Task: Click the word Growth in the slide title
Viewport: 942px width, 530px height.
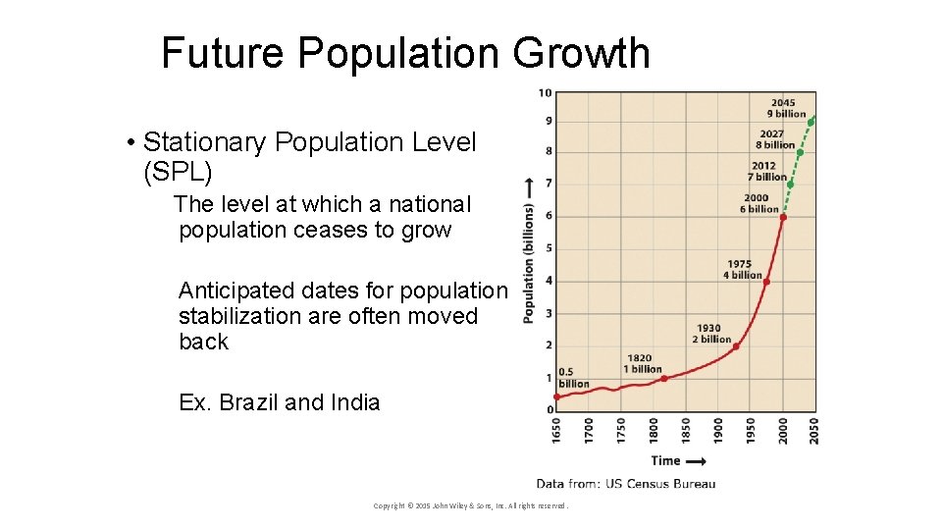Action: pos(581,53)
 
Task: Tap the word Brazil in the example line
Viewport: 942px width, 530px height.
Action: pos(249,402)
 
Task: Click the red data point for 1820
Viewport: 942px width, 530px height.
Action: pos(664,378)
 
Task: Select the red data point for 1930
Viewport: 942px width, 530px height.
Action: pos(736,345)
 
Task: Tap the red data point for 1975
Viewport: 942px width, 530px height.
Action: pos(766,282)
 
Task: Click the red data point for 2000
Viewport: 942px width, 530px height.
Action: pos(783,217)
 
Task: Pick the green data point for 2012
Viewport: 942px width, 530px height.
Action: pos(790,184)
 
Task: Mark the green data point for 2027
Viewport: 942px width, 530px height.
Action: pos(800,152)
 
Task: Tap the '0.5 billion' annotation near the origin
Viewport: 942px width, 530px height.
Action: pos(573,378)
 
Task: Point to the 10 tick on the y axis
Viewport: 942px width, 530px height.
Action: pos(546,93)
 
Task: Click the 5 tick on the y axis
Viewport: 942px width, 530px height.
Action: pos(549,248)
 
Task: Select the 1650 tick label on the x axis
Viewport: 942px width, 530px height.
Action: pos(557,431)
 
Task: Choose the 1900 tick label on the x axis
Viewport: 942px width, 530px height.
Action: pos(717,431)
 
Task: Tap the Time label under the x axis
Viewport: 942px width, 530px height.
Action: pos(666,460)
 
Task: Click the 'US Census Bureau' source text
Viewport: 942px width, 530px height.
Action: pos(661,483)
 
